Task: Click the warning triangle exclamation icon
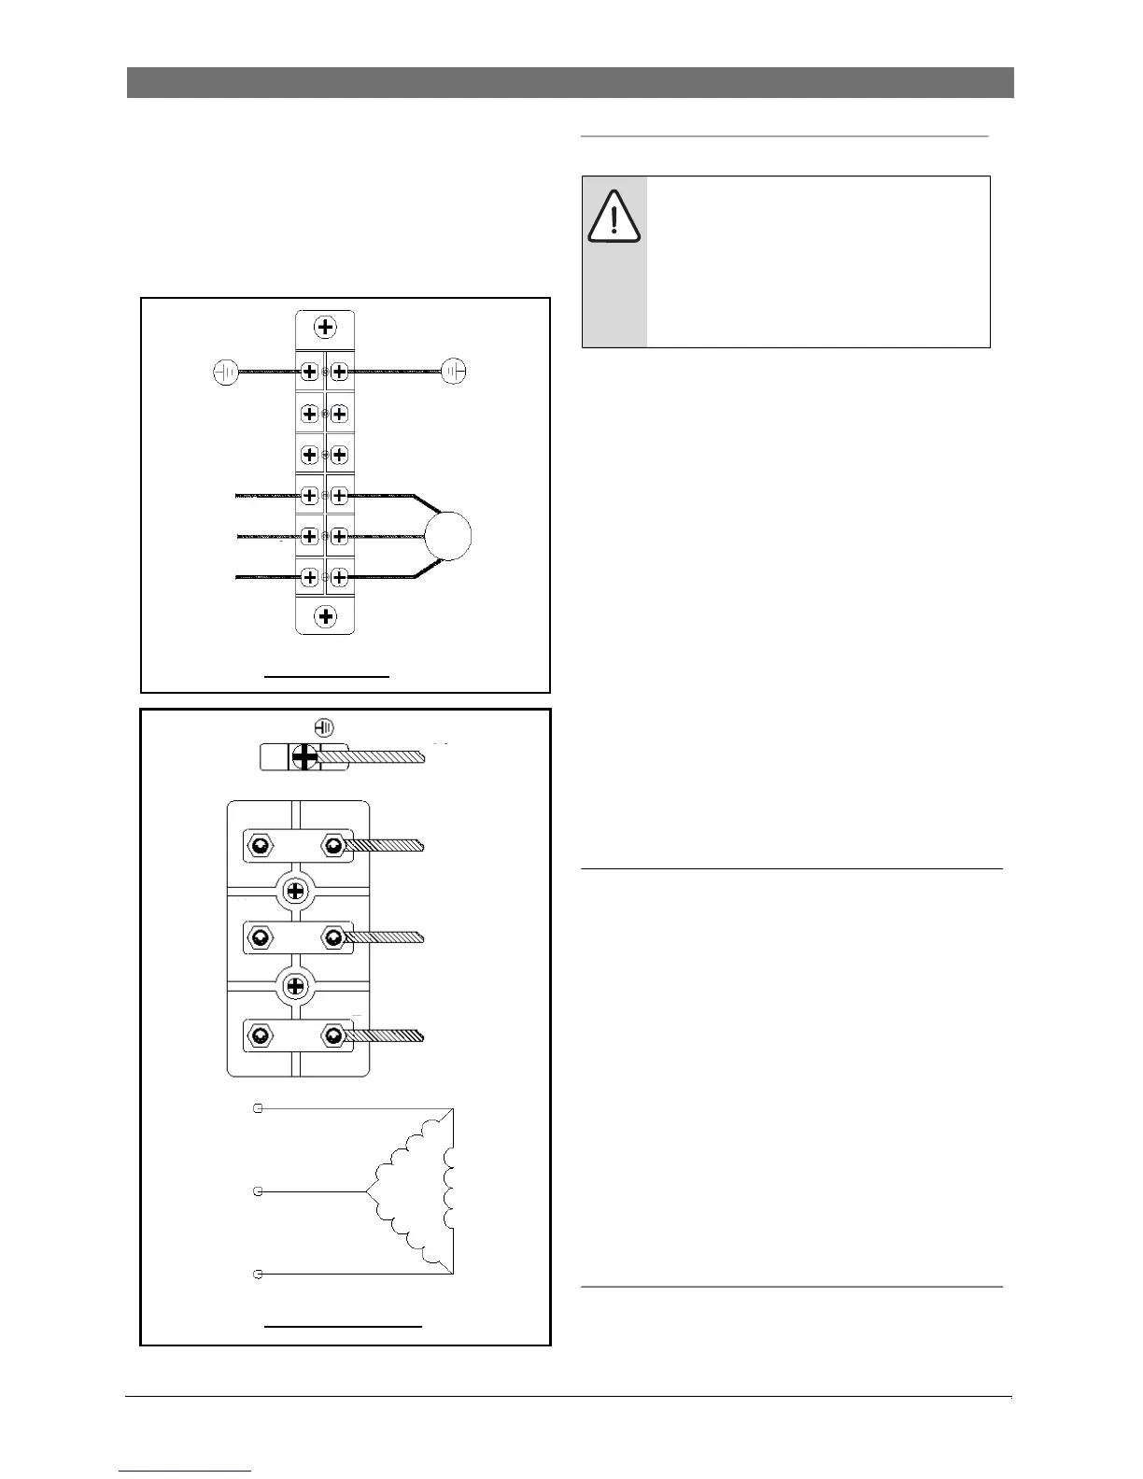pos(614,217)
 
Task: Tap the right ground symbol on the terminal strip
pos(454,371)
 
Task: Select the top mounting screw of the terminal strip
pos(325,328)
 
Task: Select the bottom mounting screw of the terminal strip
pos(325,616)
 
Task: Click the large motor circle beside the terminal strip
pos(447,536)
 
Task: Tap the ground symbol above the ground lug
pos(324,727)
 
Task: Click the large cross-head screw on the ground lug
pos(304,756)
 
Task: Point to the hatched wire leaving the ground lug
pos(383,756)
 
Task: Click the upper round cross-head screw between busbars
pos(296,890)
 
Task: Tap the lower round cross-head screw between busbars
pos(296,986)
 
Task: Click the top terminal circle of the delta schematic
pos(259,1108)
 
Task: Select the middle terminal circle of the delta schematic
pos(259,1191)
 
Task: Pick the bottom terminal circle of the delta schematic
pos(259,1274)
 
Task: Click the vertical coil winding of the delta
pos(450,1191)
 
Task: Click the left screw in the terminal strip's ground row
pos(310,372)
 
